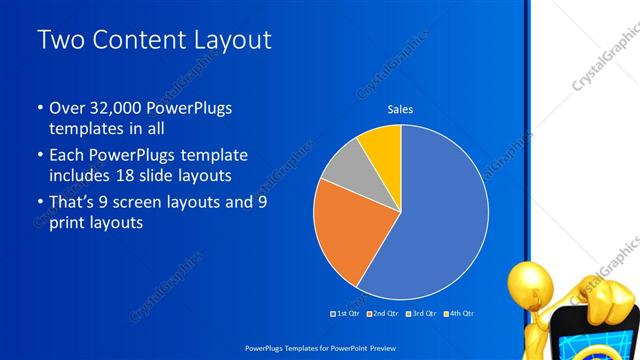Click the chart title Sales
(x=400, y=109)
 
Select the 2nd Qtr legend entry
(x=384, y=313)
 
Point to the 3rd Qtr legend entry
(x=423, y=313)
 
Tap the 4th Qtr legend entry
(x=461, y=313)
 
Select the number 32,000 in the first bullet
(x=118, y=108)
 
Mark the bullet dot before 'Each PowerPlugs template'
(x=39, y=156)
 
